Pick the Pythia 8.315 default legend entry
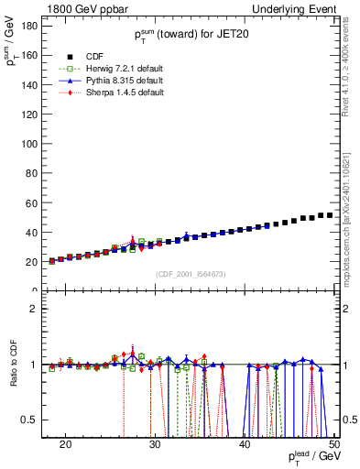click(116, 81)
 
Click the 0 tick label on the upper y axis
click(36, 290)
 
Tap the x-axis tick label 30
click(155, 444)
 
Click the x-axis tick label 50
click(333, 444)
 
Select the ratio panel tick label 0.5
click(31, 420)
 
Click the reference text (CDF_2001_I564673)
click(191, 274)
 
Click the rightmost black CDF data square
click(329, 215)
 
